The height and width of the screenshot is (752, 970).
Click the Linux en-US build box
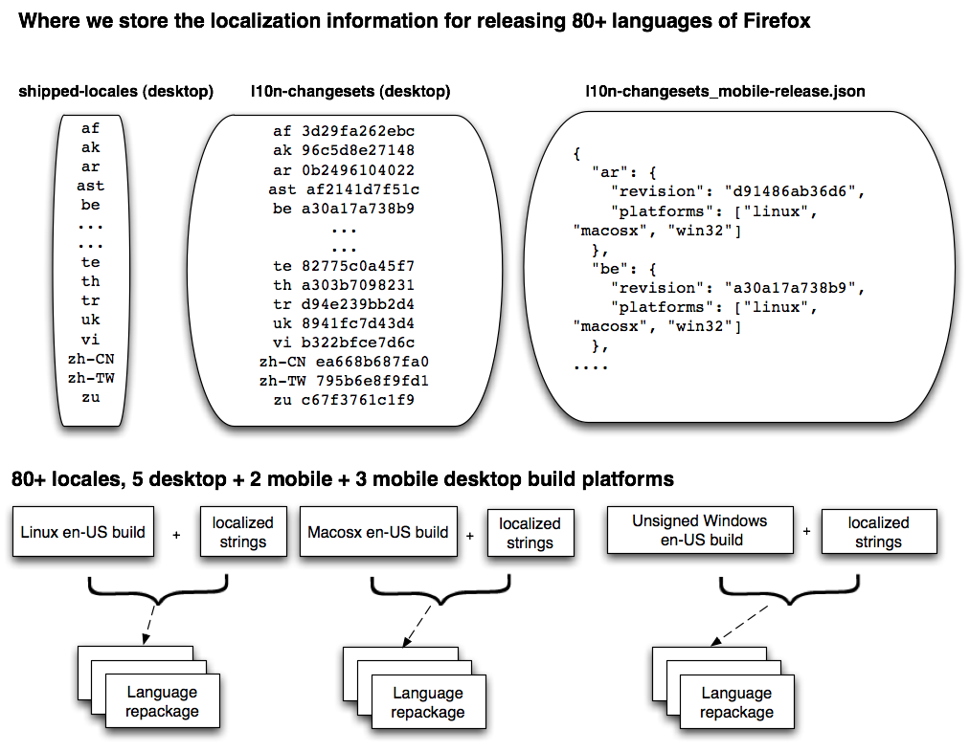pyautogui.click(x=83, y=531)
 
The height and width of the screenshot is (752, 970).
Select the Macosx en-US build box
pyautogui.click(x=378, y=531)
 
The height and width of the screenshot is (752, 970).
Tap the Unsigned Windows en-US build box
pyautogui.click(x=700, y=530)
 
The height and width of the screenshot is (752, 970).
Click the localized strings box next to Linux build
pyautogui.click(x=243, y=531)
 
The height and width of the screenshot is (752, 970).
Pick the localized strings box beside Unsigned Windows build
pyautogui.click(x=878, y=531)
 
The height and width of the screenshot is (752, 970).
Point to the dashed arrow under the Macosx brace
pyautogui.click(x=417, y=626)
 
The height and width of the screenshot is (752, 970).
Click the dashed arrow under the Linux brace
pyautogui.click(x=149, y=625)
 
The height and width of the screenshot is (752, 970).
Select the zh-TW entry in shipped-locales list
pyautogui.click(x=91, y=378)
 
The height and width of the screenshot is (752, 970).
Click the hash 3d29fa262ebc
pyautogui.click(x=358, y=131)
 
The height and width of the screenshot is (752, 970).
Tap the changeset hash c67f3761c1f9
pyautogui.click(x=358, y=400)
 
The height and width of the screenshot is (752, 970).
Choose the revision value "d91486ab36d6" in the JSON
pyautogui.click(x=790, y=191)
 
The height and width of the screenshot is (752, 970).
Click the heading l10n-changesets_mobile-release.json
pyautogui.click(x=725, y=92)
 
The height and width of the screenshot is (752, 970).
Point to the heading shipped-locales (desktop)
pyautogui.click(x=116, y=92)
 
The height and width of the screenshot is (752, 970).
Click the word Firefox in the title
pyautogui.click(x=777, y=21)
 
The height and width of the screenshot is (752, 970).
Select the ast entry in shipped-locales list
pyautogui.click(x=90, y=186)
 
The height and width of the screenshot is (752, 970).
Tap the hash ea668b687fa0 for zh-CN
pyautogui.click(x=372, y=362)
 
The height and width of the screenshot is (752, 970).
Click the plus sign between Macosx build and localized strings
pyautogui.click(x=470, y=536)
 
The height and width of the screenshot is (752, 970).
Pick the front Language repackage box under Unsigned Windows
pyautogui.click(x=736, y=702)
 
